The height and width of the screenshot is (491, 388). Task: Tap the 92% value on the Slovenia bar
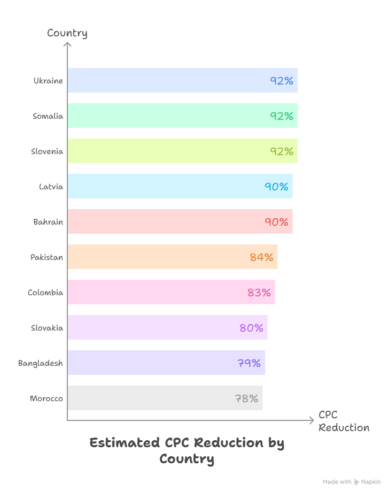tap(282, 151)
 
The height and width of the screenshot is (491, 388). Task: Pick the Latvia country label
tap(51, 187)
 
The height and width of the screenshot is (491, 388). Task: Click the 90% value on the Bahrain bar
tap(276, 222)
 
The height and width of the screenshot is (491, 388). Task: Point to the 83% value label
tap(259, 293)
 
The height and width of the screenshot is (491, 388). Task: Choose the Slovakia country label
tap(47, 328)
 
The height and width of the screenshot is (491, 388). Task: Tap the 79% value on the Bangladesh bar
tap(249, 363)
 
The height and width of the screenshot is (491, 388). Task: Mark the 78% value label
tap(246, 398)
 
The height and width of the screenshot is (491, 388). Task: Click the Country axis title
tap(67, 33)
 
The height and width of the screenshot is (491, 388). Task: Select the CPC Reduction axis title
tap(344, 421)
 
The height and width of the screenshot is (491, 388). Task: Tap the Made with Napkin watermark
tap(352, 482)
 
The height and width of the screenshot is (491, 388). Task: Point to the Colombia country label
tap(45, 293)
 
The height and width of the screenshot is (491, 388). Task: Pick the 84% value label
tap(261, 257)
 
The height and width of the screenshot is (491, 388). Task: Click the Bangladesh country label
tap(41, 363)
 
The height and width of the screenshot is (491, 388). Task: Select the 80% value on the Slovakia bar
tap(251, 328)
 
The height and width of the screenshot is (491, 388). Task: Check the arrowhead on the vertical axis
tap(67, 45)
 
